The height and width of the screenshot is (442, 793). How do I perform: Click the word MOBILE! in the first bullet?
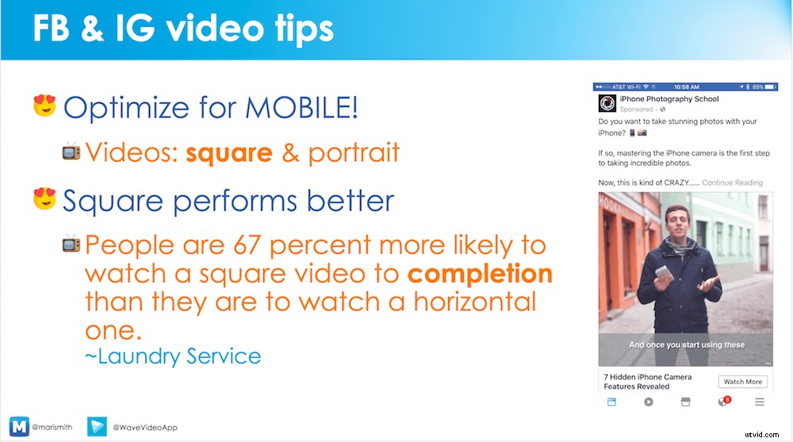point(301,107)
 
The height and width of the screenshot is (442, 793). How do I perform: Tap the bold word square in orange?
point(229,153)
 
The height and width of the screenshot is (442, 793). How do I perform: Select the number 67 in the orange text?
point(247,245)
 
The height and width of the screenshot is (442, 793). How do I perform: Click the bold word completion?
point(480,275)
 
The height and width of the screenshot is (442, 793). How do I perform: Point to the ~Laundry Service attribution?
point(173,356)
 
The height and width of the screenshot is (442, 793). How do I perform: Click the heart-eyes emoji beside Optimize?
point(44,106)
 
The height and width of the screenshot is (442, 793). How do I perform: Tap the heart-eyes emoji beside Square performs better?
point(44,198)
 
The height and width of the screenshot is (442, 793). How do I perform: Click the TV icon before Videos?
point(71,152)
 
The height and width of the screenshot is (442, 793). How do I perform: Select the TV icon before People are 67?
point(71,244)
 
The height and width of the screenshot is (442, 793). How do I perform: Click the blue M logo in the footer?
point(19,427)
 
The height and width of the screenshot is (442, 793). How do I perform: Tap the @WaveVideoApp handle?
point(145,427)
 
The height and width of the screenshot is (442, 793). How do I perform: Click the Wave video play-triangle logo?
point(97,426)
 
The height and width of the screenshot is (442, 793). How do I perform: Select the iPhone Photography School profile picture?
point(607,103)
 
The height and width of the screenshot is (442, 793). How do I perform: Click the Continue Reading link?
point(732,183)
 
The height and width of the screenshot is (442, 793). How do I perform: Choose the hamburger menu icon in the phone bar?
point(760,402)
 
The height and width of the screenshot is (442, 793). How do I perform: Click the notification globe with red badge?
point(724,402)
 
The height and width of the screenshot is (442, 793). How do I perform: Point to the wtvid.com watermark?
point(762,434)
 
